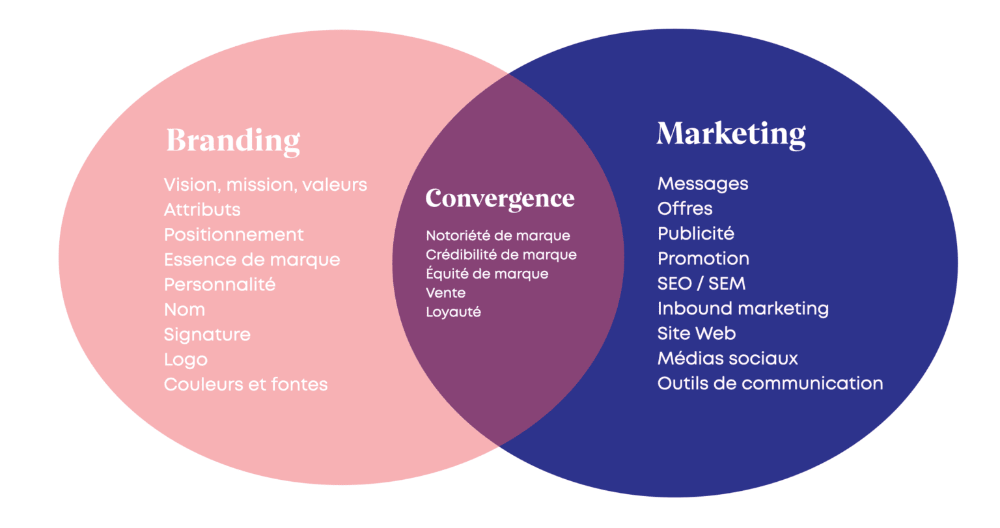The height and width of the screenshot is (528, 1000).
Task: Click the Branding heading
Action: tap(233, 140)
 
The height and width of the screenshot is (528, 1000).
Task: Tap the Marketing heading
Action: tap(730, 134)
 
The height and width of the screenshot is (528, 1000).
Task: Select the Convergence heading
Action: tap(500, 198)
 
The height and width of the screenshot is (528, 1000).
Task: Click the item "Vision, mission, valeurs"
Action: tap(265, 185)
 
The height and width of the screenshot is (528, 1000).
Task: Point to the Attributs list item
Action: tap(202, 210)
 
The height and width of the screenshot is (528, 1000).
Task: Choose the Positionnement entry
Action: tap(234, 234)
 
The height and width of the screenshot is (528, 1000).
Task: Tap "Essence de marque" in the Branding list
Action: tap(252, 260)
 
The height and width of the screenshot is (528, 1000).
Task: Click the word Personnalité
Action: tap(219, 285)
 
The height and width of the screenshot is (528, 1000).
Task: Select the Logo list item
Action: tap(186, 359)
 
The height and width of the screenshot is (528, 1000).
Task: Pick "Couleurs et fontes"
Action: tap(245, 384)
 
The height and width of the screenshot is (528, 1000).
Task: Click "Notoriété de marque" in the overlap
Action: tap(497, 236)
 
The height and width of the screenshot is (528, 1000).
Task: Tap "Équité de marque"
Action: tap(487, 273)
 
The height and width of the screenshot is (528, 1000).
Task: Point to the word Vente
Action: tap(445, 293)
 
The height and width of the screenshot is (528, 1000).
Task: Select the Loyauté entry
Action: tap(453, 312)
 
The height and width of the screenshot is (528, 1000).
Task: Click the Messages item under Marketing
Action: tap(702, 184)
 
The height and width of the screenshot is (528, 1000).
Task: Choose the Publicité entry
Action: tap(695, 233)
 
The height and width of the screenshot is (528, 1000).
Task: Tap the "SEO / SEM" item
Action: tap(701, 284)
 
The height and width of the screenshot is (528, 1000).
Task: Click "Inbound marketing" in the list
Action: tap(743, 309)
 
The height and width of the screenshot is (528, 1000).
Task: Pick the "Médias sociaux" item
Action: tap(727, 358)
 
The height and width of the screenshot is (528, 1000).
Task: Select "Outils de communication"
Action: tap(770, 383)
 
